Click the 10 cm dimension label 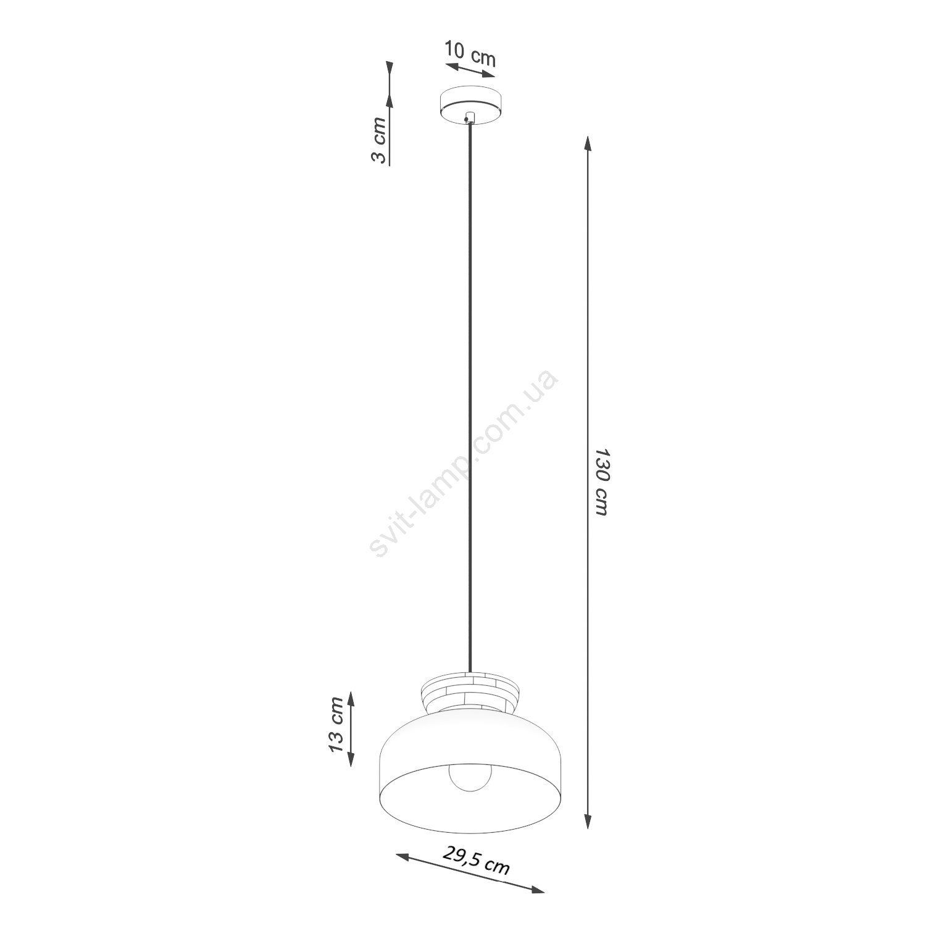[470, 54]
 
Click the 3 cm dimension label [378, 140]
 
